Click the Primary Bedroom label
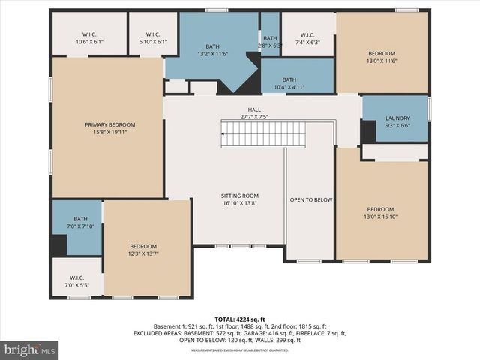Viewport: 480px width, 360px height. (109, 124)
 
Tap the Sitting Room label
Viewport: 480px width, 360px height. (240, 195)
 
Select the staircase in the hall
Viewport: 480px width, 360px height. (263, 135)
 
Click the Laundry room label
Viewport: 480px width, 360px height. (397, 118)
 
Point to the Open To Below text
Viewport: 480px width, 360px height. (310, 200)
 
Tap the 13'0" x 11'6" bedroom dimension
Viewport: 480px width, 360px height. (382, 61)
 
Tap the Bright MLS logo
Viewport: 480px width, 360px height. (30, 349)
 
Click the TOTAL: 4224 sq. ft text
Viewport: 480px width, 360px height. (240, 318)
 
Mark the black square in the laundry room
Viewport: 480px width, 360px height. (367, 131)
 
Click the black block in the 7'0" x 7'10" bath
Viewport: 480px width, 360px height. (58, 245)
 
